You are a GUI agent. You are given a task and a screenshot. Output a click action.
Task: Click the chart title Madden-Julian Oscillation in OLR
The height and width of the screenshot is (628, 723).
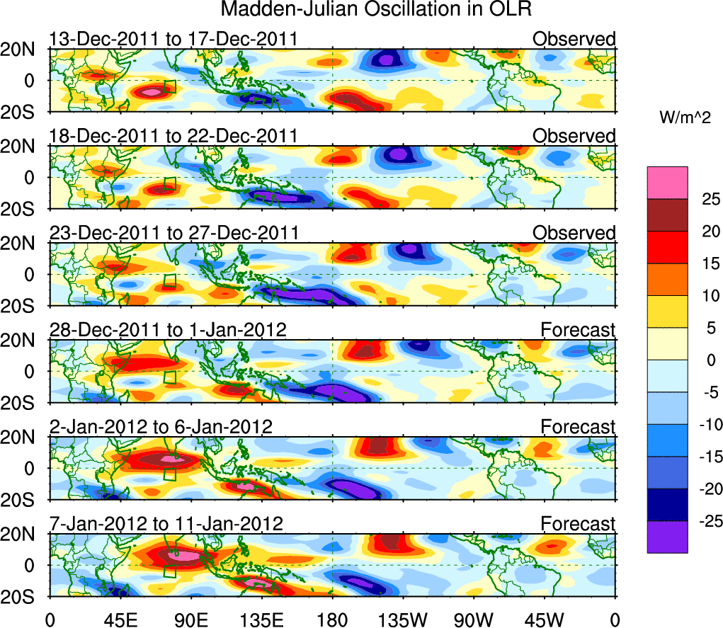coord(375,10)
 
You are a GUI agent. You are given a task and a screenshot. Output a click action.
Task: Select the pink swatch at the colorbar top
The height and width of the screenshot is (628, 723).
coord(666,183)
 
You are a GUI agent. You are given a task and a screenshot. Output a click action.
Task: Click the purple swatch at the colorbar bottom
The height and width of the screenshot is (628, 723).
coord(666,537)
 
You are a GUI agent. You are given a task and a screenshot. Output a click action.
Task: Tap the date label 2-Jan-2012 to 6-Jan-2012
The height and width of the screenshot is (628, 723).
coord(161,427)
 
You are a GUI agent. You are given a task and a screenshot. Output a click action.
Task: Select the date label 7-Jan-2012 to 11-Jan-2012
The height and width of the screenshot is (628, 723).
coord(166,524)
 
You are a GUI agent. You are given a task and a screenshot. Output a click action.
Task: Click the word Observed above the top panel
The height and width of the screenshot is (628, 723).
coord(574,39)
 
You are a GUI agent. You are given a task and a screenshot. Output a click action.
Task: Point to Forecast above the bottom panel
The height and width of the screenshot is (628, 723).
coord(579,524)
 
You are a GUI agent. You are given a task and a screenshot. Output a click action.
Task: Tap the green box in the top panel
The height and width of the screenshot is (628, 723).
coord(169,87)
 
